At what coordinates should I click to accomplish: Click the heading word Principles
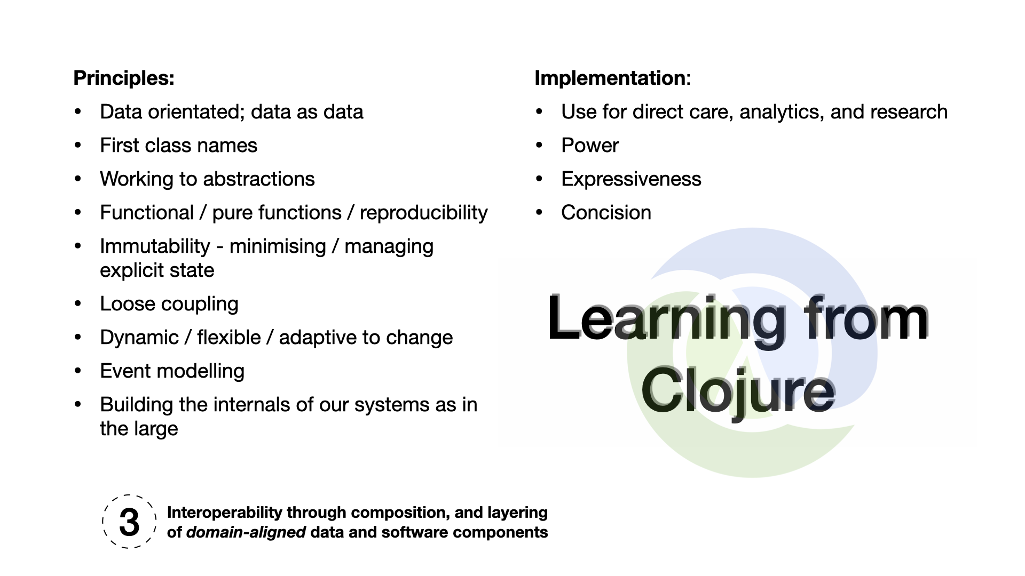pyautogui.click(x=123, y=78)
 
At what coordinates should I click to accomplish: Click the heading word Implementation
pyautogui.click(x=610, y=78)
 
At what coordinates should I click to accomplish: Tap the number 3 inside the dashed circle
pyautogui.click(x=129, y=522)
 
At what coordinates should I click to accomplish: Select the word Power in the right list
pyautogui.click(x=590, y=146)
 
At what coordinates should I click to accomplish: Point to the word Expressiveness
pyautogui.click(x=631, y=179)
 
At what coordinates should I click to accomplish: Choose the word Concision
pyautogui.click(x=606, y=213)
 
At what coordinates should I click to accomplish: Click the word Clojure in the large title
pyautogui.click(x=738, y=390)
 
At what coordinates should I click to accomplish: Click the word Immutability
pyautogui.click(x=155, y=246)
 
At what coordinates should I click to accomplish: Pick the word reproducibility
pyautogui.click(x=423, y=213)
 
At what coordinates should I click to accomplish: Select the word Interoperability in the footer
pyautogui.click(x=224, y=513)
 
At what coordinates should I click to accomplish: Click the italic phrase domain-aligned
pyautogui.click(x=246, y=532)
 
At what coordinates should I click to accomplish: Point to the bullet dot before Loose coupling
pyautogui.click(x=78, y=304)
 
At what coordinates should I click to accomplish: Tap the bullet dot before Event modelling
pyautogui.click(x=78, y=371)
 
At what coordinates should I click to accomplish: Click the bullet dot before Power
pyautogui.click(x=539, y=146)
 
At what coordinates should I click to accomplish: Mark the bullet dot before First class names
pyautogui.click(x=78, y=146)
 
